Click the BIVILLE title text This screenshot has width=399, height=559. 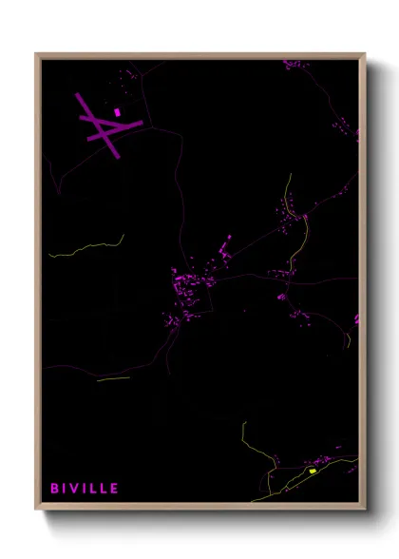click(x=85, y=489)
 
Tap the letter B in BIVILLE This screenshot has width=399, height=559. click(x=55, y=489)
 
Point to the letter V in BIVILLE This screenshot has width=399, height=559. click(x=77, y=489)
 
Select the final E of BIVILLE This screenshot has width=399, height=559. click(x=115, y=489)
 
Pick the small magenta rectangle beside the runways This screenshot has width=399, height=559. click(x=118, y=112)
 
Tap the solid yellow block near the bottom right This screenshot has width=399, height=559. click(x=312, y=471)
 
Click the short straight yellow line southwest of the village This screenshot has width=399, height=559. click(x=112, y=378)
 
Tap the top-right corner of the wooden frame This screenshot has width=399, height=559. click(x=363, y=55)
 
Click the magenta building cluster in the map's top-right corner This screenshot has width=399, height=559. click(x=295, y=66)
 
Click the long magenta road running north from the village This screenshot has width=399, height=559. click(x=180, y=190)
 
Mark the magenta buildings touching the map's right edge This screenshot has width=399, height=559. click(x=357, y=321)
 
